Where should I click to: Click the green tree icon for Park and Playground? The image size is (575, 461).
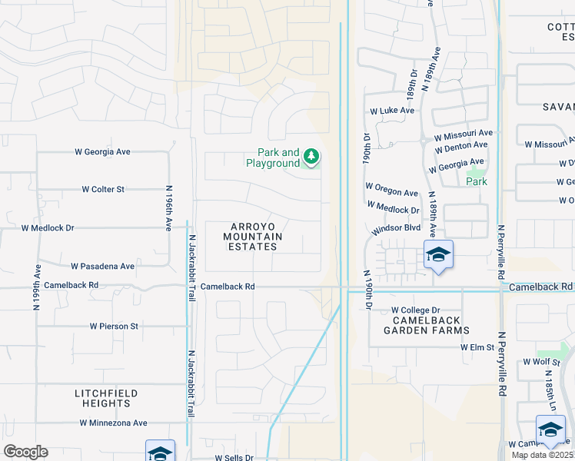[311, 158]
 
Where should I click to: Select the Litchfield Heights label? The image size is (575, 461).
[106, 398]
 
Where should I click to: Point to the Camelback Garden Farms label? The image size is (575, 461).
[430, 325]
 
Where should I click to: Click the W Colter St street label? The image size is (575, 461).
[103, 189]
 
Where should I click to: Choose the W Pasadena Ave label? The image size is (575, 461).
[102, 266]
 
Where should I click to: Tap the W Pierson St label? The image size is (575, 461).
[113, 326]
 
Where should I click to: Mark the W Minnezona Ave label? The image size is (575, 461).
[113, 423]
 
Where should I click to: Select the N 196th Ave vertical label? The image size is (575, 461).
[168, 208]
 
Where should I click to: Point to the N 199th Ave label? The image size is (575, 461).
[36, 287]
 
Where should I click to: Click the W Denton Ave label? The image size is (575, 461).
[460, 144]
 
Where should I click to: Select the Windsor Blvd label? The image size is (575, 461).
[396, 229]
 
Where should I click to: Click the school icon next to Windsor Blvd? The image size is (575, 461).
[437, 256]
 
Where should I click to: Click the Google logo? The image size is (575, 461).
[25, 451]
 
